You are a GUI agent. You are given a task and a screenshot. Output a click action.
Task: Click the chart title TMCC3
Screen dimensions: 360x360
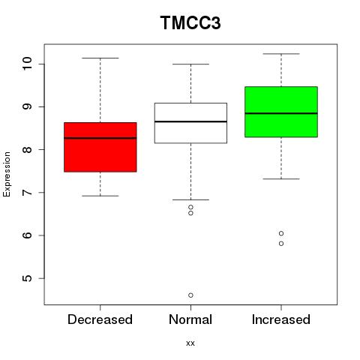[x=190, y=22]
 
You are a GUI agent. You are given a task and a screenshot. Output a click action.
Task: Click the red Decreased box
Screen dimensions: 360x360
[x=100, y=147]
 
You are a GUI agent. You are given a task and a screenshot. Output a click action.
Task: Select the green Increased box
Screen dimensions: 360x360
[x=281, y=112]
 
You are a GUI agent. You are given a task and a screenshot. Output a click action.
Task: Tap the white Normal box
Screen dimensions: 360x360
[x=190, y=123]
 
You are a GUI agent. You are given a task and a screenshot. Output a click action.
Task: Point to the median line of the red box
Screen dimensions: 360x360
[x=100, y=138]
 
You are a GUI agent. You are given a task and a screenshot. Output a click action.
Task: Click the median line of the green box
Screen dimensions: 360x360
[x=281, y=113]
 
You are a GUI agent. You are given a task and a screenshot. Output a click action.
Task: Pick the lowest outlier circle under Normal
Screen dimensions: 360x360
[x=190, y=295]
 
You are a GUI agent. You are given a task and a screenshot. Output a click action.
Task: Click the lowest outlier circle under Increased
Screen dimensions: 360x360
[x=281, y=244]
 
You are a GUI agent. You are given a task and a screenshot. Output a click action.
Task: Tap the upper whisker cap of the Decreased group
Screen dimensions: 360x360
[x=100, y=58]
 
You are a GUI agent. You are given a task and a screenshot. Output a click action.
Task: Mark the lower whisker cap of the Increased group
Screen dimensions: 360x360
[x=281, y=179]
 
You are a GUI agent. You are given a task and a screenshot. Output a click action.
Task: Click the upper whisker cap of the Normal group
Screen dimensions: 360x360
[x=190, y=64]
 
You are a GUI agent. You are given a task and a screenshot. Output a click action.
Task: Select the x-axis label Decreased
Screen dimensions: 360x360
[x=100, y=319]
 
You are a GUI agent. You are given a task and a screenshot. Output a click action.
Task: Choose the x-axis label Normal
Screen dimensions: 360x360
[x=190, y=319]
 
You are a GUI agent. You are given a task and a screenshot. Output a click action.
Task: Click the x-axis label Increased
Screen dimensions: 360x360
[x=281, y=319]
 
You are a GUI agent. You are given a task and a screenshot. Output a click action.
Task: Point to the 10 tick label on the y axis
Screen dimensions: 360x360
[x=27, y=64]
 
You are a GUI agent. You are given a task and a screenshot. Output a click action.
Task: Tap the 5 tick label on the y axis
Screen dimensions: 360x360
[x=27, y=278]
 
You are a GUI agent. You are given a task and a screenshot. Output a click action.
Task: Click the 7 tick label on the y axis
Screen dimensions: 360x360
[x=27, y=193]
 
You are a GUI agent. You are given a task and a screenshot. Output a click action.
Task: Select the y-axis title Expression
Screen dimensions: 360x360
[x=7, y=174]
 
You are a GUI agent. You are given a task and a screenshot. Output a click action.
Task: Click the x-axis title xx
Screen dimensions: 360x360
[x=190, y=343]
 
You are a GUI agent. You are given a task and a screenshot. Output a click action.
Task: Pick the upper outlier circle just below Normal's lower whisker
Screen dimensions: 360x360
[x=190, y=207]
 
